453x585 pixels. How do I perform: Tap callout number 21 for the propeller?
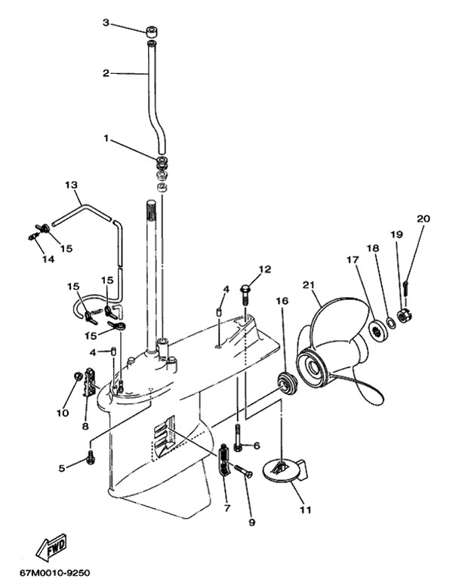click(308, 285)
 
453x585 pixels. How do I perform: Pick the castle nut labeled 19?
click(405, 317)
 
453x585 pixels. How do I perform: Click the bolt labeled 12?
click(245, 295)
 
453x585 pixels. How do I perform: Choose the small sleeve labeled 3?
click(151, 31)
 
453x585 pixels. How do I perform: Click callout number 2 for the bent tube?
click(106, 73)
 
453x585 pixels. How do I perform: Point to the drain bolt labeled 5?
click(91, 457)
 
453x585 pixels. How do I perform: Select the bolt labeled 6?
click(239, 436)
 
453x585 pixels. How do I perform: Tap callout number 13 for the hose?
click(71, 185)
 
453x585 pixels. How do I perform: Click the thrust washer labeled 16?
click(288, 382)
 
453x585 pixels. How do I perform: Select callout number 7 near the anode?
click(227, 508)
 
